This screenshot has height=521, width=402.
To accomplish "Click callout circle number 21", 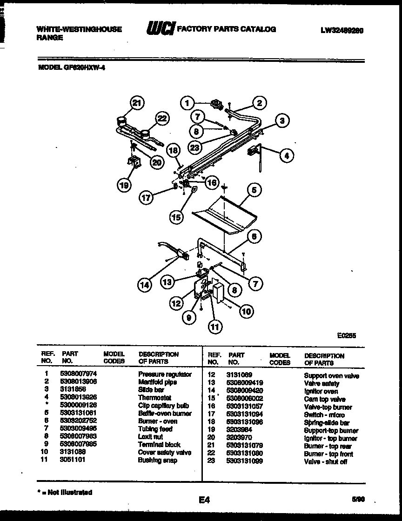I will (136, 103).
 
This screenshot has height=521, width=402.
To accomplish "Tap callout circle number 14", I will (145, 285).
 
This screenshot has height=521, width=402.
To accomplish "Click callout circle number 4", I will (287, 156).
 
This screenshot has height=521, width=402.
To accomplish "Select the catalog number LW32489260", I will (342, 30).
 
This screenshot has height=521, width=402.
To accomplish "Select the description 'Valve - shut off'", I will (325, 461).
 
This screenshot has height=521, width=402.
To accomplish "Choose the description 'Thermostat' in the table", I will (154, 398).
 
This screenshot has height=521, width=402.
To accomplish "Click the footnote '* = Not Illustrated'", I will (65, 492).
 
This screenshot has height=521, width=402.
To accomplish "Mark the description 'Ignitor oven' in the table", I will (321, 391).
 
